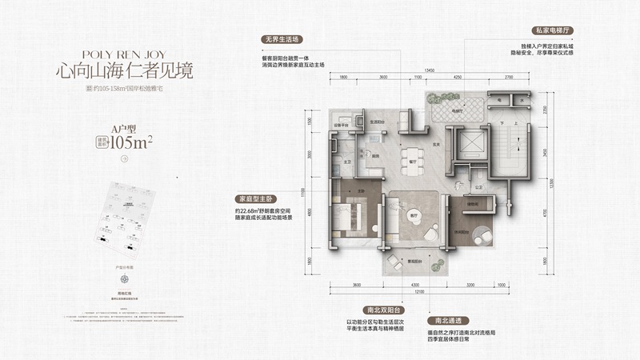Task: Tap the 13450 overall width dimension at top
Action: click(x=429, y=70)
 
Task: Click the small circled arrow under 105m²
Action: click(x=125, y=159)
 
